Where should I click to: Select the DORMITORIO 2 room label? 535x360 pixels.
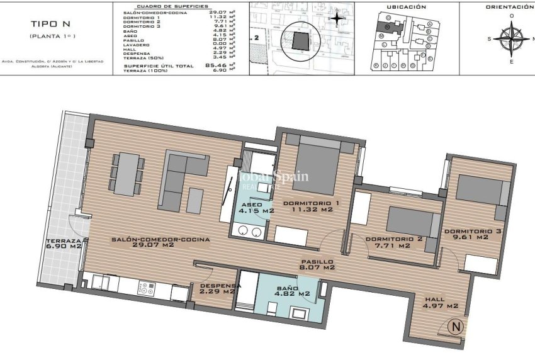click(393, 242)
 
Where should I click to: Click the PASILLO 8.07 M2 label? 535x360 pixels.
click(316, 264)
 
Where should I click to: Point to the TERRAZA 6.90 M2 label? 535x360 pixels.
click(64, 244)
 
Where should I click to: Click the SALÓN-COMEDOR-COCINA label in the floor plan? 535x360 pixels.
click(160, 243)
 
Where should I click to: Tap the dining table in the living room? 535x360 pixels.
click(128, 174)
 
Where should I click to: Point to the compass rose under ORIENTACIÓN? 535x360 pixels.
click(513, 38)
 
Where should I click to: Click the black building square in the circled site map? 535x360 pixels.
click(300, 43)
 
